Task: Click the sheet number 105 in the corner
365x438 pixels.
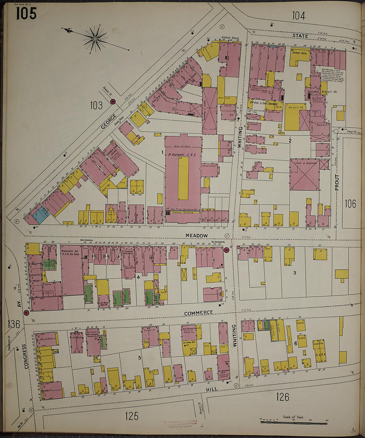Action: point(26,13)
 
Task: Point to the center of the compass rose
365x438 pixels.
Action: point(95,39)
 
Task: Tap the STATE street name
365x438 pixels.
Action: point(300,36)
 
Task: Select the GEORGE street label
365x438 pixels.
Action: point(109,122)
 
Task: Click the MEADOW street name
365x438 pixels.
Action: point(196,235)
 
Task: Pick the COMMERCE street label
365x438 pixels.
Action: point(198,313)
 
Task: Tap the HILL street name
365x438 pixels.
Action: point(211,389)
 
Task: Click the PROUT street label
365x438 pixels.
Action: point(337,182)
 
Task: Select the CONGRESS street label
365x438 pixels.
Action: point(25,356)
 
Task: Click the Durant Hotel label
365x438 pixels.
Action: point(300,53)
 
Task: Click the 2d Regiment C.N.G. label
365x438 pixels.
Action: point(182,155)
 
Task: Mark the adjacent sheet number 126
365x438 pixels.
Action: point(282,396)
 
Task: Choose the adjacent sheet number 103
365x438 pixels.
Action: point(96,106)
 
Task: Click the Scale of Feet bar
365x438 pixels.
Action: point(293,423)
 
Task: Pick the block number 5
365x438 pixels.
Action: point(140,358)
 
